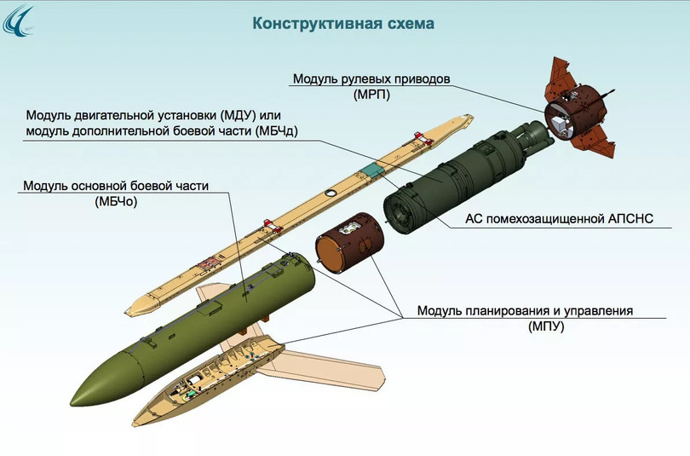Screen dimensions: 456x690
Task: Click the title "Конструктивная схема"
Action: (x=342, y=24)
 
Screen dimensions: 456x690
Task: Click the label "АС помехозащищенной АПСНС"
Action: (x=559, y=219)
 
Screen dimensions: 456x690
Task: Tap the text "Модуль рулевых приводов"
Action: (x=371, y=79)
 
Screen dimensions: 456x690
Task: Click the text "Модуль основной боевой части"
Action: (x=116, y=186)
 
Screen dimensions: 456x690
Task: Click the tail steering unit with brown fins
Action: (x=578, y=110)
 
